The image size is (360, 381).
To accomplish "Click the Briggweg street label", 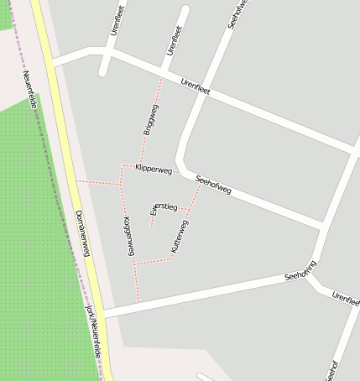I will [x=150, y=119].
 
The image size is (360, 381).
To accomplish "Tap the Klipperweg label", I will [x=154, y=170].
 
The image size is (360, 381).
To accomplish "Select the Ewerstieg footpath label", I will [x=163, y=206].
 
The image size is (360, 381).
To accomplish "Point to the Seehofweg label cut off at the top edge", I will [x=238, y=13].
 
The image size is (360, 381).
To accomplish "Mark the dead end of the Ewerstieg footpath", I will [x=151, y=225].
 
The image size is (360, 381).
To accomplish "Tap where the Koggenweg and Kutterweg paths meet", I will [x=134, y=264].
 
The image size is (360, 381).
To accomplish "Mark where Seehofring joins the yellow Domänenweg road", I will [x=105, y=312].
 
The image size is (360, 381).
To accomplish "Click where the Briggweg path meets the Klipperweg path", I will [x=140, y=164].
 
